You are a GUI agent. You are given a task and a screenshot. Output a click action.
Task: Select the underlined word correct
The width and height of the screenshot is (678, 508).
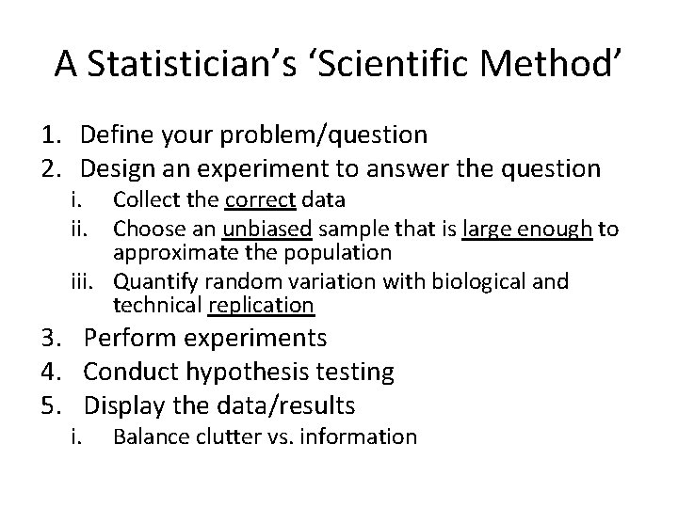[x=261, y=199]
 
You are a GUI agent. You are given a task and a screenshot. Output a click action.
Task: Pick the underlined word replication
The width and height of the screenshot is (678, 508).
[x=261, y=305]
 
